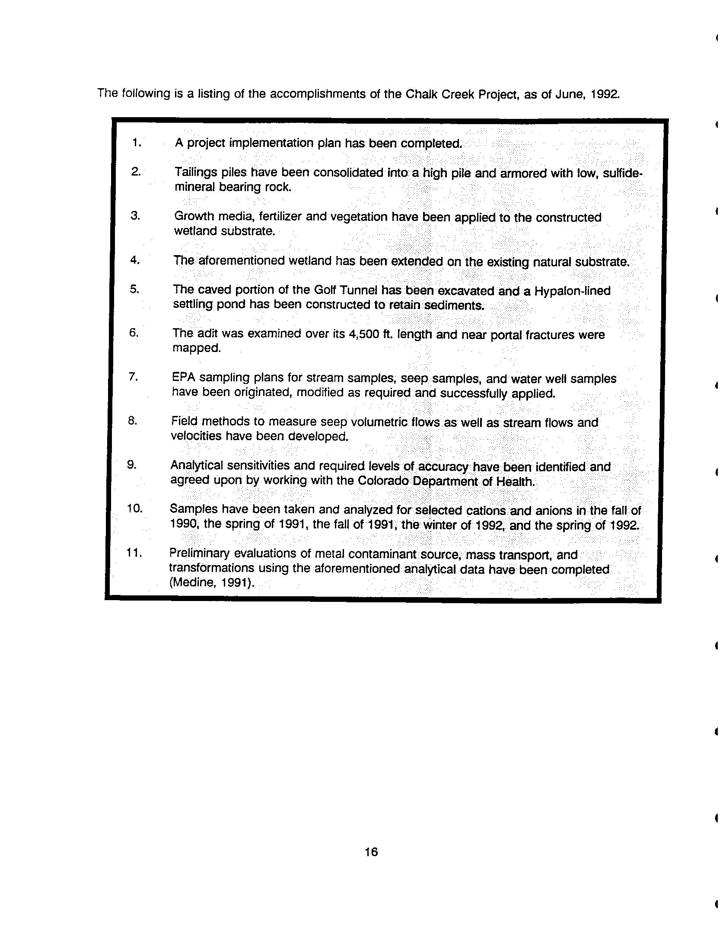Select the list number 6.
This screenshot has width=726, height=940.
click(134, 333)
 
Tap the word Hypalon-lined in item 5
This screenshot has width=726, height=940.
click(572, 291)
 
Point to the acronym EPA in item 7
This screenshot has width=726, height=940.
click(183, 377)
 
